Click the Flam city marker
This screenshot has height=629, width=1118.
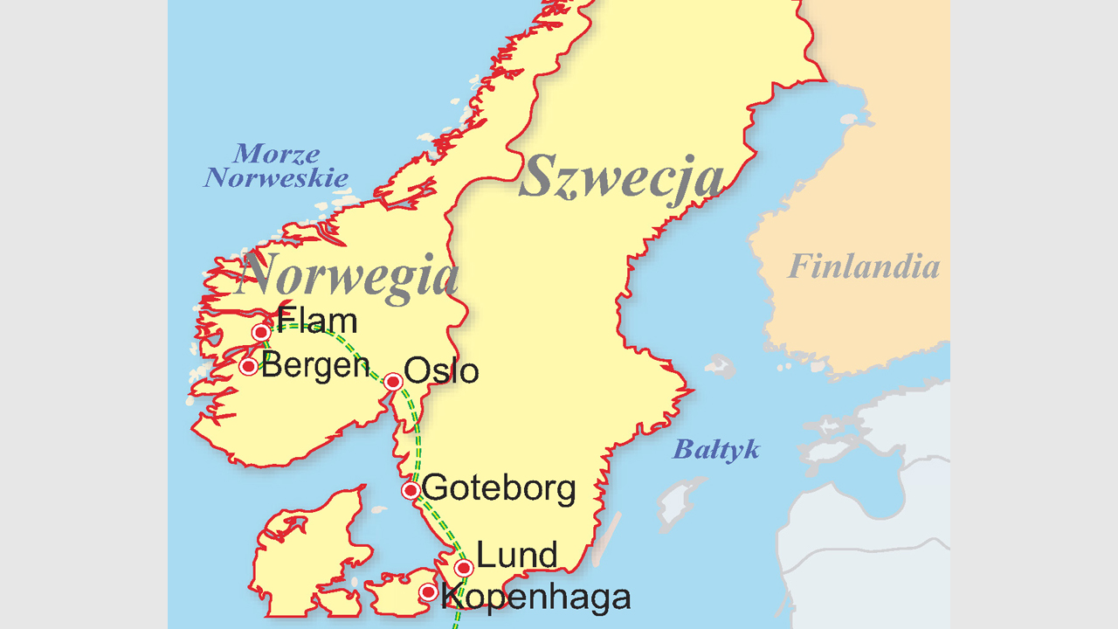pos(260,332)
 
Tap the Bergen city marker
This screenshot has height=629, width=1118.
pos(249,366)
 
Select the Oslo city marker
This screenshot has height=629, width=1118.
pos(393,382)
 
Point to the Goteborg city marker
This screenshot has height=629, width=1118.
pos(411,491)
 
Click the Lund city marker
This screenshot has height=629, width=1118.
pos(464,568)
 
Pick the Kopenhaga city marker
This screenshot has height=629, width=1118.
pos(428,592)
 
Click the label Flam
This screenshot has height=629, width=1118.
pos(316,321)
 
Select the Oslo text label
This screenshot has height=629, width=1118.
pos(443,371)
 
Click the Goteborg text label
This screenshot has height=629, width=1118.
pos(499,488)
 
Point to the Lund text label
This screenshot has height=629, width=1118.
pos(517,555)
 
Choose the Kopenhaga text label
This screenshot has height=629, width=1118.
pos(536,598)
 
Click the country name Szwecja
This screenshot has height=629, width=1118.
pos(622,177)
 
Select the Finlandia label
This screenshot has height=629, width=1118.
pos(864,266)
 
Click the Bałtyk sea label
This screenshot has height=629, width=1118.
pos(715,451)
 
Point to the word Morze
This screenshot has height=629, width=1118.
pos(276,155)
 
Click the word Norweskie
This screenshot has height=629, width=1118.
pos(276,178)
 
